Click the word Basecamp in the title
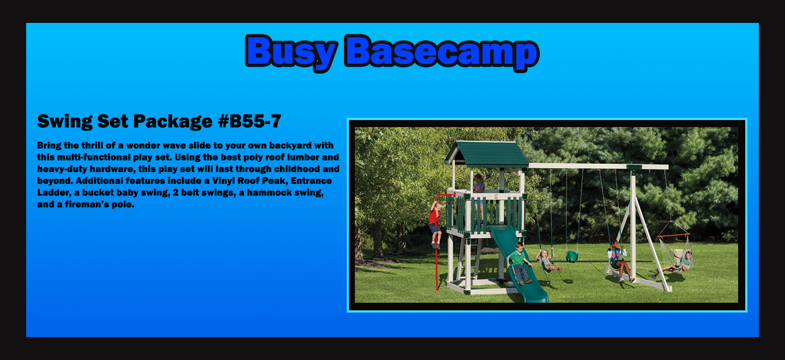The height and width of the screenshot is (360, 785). tap(442, 52)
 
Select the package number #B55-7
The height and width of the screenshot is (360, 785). tap(250, 121)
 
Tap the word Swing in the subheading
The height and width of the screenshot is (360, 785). tap(65, 121)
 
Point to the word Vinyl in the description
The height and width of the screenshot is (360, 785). tap(224, 181)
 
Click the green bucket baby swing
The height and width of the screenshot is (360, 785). tap(571, 256)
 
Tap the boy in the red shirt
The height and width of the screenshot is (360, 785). tap(435, 224)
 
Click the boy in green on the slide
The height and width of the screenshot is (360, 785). tap(519, 263)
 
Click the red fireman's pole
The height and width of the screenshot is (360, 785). tap(437, 242)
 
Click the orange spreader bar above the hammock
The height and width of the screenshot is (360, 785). tap(673, 236)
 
